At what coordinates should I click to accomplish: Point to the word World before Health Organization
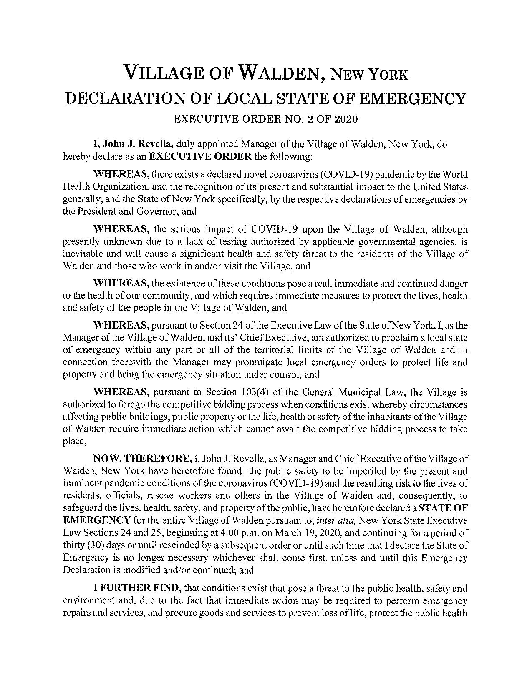pyautogui.click(x=455, y=174)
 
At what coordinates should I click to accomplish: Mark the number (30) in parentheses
pyautogui.click(x=92, y=546)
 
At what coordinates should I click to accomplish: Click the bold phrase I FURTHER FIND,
pyautogui.click(x=138, y=589)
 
